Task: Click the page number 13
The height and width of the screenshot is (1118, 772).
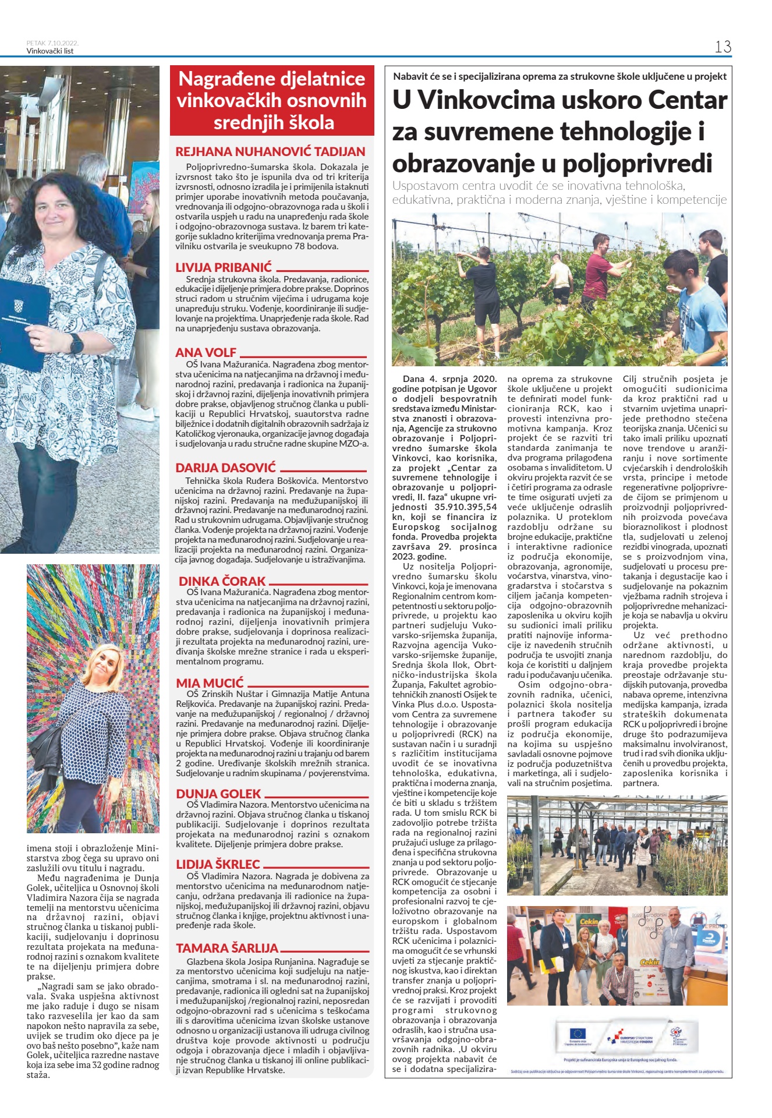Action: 723,47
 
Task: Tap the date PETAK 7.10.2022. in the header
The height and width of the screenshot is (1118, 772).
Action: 52,43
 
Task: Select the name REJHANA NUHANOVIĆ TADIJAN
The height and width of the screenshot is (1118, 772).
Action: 271,152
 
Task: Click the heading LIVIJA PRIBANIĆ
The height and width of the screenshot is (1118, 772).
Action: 224,268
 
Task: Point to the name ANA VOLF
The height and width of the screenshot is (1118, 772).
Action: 206,352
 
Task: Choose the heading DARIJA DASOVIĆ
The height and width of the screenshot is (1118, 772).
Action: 226,468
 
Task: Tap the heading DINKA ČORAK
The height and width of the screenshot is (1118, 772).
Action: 222,581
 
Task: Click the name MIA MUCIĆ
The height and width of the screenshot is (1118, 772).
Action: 210,683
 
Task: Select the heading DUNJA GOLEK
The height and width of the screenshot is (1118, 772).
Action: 218,794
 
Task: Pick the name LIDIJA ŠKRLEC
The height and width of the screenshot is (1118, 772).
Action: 218,864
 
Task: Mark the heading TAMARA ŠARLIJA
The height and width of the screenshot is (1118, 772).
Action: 227,948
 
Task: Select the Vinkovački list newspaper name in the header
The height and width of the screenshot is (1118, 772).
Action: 50,51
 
